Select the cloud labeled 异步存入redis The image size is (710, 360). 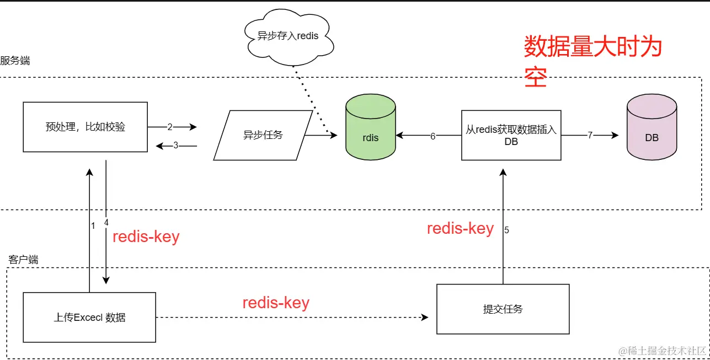pyautogui.click(x=288, y=36)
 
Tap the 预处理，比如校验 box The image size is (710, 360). pyautogui.click(x=86, y=127)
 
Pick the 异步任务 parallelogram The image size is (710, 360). pyautogui.click(x=263, y=135)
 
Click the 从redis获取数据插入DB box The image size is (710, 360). pyautogui.click(x=510, y=135)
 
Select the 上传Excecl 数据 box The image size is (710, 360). pyautogui.click(x=89, y=317)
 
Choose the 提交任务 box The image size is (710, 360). pyautogui.click(x=503, y=309)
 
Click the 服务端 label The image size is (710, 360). pyautogui.click(x=15, y=61)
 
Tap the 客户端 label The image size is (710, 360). pyautogui.click(x=24, y=259)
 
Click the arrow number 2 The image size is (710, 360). pyautogui.click(x=170, y=127)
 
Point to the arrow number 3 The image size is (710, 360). pyautogui.click(x=175, y=146)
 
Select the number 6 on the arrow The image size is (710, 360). pyautogui.click(x=433, y=136)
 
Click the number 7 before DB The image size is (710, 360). pyautogui.click(x=590, y=135)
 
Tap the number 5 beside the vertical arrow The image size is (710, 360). pyautogui.click(x=506, y=230)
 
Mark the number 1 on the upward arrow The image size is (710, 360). pyautogui.click(x=93, y=225)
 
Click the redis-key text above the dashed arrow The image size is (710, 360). pyautogui.click(x=276, y=303)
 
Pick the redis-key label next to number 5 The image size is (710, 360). pyautogui.click(x=460, y=228)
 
